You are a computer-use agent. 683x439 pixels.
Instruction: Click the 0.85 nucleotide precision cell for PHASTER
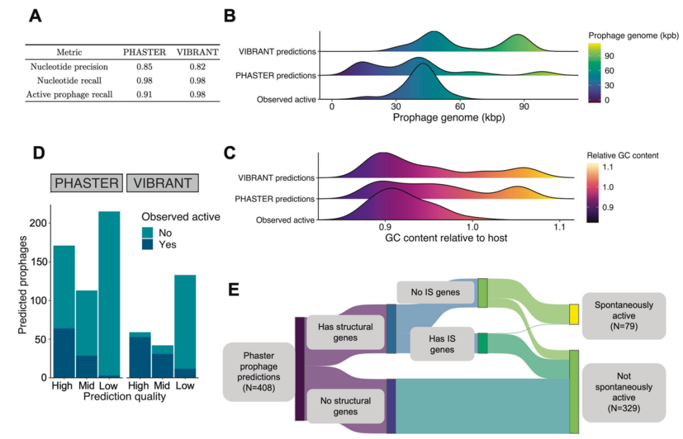pyautogui.click(x=145, y=66)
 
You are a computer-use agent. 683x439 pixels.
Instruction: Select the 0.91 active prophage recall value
pyautogui.click(x=145, y=95)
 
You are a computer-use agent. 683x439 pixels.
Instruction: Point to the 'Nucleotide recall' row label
pyautogui.click(x=69, y=80)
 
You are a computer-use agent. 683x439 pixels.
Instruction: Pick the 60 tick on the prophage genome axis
pyautogui.click(x=460, y=106)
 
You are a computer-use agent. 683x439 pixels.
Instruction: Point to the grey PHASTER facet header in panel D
pyautogui.click(x=87, y=183)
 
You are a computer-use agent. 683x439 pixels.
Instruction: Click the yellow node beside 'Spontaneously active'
pyautogui.click(x=574, y=314)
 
